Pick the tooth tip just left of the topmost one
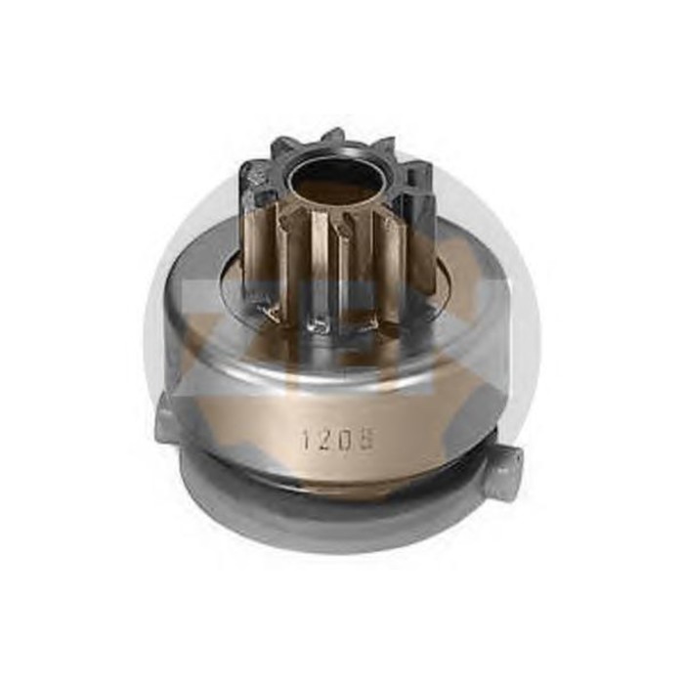[283, 146]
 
